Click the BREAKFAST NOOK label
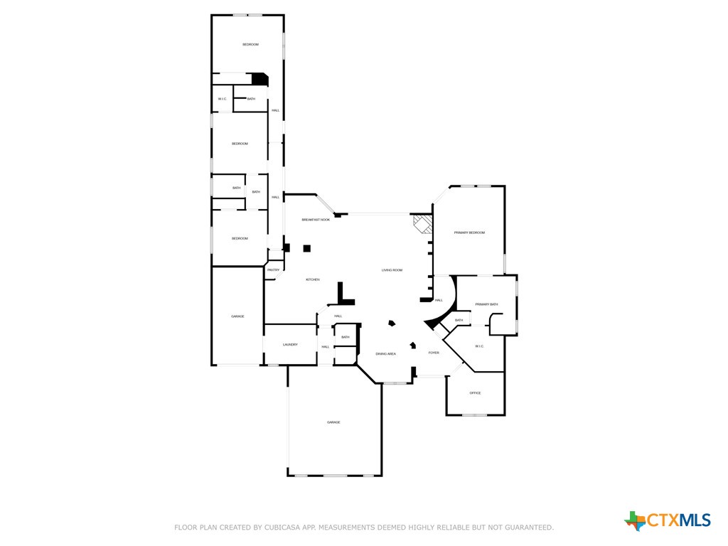(x=316, y=220)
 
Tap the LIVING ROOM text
(x=392, y=270)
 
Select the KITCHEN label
(x=313, y=279)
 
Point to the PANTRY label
(x=273, y=270)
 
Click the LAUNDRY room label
(x=290, y=345)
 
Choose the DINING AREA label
(x=386, y=353)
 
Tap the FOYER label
(x=434, y=353)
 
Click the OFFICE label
(x=475, y=393)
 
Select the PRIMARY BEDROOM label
(x=469, y=232)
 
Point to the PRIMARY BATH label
(x=486, y=304)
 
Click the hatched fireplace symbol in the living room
(x=423, y=225)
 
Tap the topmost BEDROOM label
(x=250, y=45)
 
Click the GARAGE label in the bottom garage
(x=333, y=422)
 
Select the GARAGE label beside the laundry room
(x=237, y=316)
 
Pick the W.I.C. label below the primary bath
(x=479, y=346)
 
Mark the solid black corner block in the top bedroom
(x=260, y=80)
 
